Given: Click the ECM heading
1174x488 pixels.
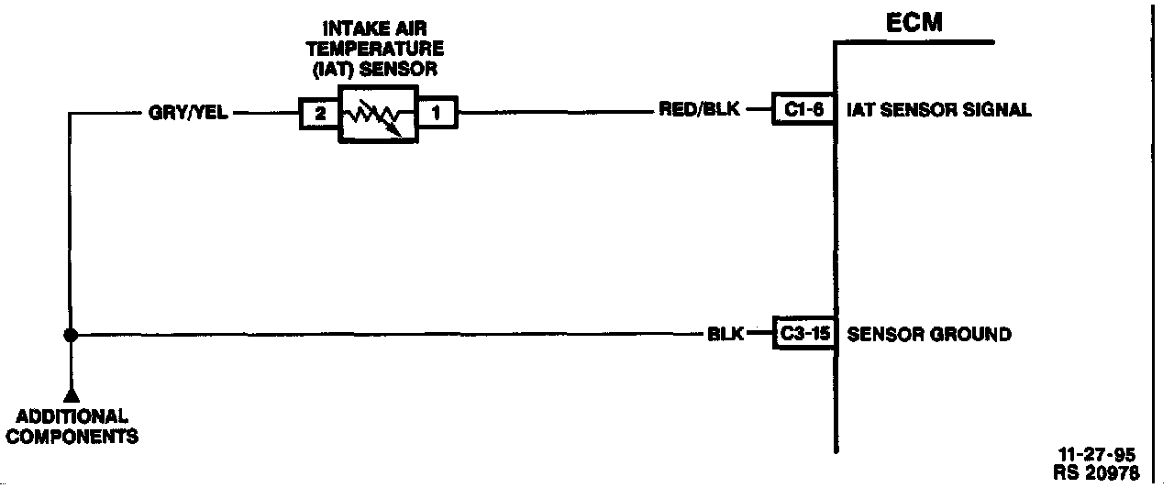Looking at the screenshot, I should click(x=914, y=23).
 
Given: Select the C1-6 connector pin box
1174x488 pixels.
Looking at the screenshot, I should click(x=803, y=110).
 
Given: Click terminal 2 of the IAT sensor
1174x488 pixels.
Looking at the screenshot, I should click(x=319, y=115).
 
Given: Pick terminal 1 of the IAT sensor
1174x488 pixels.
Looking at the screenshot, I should click(x=437, y=115).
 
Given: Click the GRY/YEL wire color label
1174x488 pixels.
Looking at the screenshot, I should click(x=188, y=115).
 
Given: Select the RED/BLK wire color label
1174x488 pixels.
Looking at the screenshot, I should click(x=699, y=110).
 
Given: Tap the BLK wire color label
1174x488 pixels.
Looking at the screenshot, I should click(x=725, y=334).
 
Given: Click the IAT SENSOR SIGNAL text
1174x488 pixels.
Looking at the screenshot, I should click(x=940, y=110).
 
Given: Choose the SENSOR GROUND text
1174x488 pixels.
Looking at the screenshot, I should click(x=928, y=334).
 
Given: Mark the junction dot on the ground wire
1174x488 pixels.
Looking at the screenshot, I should click(x=70, y=335).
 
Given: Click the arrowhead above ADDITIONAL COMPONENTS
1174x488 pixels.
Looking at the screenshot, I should click(x=71, y=394).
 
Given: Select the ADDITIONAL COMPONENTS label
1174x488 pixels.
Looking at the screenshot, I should click(x=72, y=427).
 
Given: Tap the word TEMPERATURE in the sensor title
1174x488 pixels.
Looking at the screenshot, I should click(x=375, y=48).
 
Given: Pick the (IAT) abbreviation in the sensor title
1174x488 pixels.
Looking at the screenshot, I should click(x=331, y=67).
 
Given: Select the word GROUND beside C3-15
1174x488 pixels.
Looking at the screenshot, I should click(x=970, y=334).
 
